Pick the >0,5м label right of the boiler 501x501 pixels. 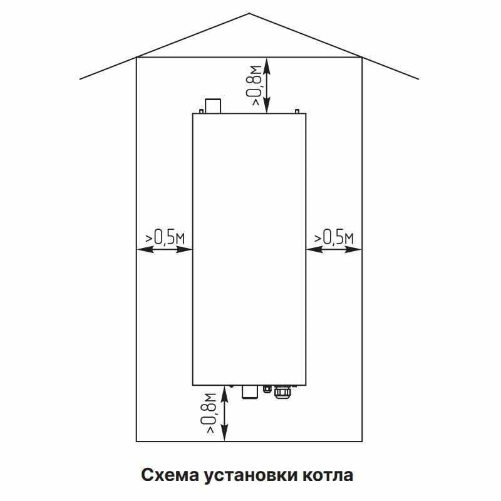(x=334, y=237)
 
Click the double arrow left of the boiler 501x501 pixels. (x=164, y=249)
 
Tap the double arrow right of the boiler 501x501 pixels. (x=334, y=249)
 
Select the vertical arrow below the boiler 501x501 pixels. (x=225, y=413)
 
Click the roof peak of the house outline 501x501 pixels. (x=250, y=14)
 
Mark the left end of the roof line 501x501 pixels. (x=81, y=79)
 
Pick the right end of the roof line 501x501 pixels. (x=418, y=79)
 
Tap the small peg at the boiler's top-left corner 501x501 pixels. (x=200, y=111)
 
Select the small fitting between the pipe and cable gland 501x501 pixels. (x=267, y=389)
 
